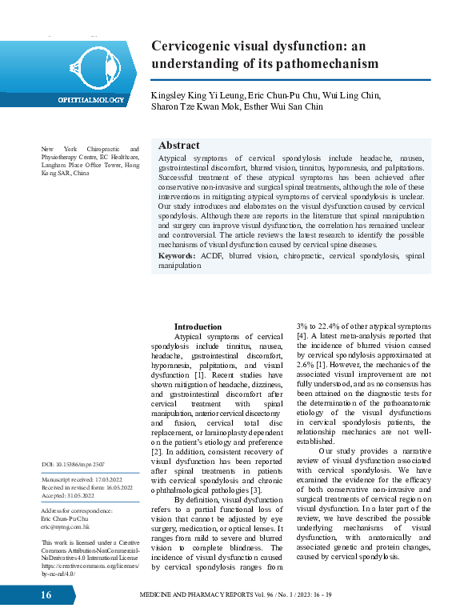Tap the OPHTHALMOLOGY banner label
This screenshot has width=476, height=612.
[x=90, y=100]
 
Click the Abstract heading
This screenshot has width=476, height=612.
[x=179, y=146]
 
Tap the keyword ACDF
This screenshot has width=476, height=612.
[x=212, y=256]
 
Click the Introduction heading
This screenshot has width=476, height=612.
[x=198, y=326]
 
